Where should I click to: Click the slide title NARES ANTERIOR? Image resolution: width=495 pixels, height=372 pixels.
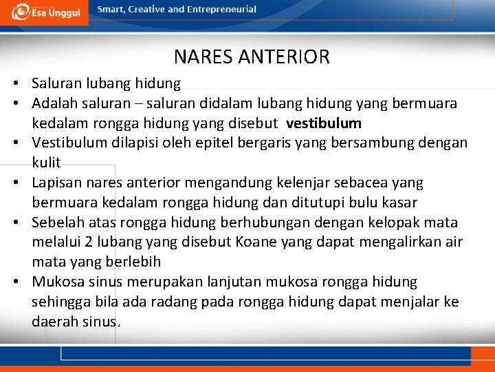click(x=252, y=56)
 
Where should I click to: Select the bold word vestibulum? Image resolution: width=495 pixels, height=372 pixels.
click(x=324, y=123)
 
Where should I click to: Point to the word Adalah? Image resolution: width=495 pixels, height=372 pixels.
click(x=52, y=103)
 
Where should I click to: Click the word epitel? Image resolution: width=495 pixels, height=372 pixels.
click(x=206, y=143)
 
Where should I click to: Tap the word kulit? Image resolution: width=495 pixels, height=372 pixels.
click(x=46, y=163)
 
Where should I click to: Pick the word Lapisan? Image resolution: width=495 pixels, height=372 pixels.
click(x=56, y=183)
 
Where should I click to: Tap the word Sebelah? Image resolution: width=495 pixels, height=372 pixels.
click(x=58, y=223)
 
